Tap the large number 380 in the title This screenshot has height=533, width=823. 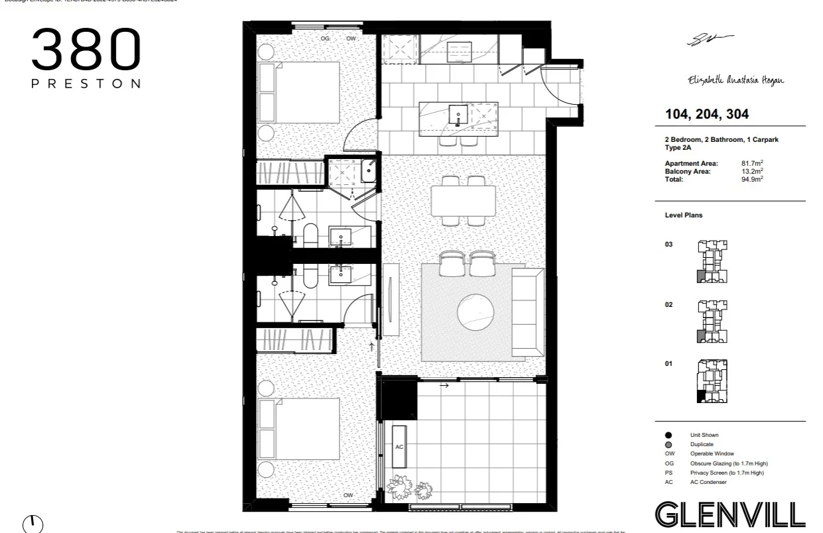[x=86, y=50]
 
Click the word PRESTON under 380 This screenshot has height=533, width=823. [x=86, y=84]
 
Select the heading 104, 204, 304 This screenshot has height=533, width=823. [x=707, y=114]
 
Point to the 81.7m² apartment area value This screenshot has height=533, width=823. [x=752, y=163]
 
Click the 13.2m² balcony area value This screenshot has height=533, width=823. [x=752, y=171]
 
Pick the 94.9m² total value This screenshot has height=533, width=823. [x=752, y=179]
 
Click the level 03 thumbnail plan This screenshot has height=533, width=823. [x=712, y=261]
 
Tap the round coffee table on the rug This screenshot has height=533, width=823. [x=475, y=312]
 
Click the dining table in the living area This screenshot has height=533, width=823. [x=464, y=201]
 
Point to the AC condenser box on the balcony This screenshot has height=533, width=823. [x=399, y=447]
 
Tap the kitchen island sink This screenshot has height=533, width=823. [x=458, y=114]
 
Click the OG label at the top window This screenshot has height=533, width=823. [x=325, y=38]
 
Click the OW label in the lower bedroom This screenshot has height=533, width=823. [x=348, y=495]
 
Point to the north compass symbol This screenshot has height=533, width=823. [x=32, y=523]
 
